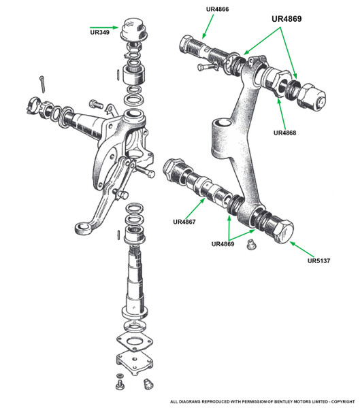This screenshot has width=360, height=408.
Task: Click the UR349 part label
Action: pos(100,33)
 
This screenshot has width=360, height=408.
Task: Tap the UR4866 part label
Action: pos(217,9)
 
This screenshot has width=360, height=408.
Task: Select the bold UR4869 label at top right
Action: pos(287,19)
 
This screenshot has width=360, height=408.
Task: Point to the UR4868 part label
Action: pos(284,133)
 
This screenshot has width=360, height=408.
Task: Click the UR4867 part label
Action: pos(184,222)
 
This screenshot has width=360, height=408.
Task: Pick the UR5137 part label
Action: pos(319,260)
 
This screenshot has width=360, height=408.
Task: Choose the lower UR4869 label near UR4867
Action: pos(223,244)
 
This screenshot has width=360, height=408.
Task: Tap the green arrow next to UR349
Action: pos(104,27)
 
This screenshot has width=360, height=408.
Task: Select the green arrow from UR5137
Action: pos(302,250)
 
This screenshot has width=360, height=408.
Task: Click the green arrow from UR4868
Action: pos(282,114)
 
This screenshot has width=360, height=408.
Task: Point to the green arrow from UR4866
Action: pos(208,27)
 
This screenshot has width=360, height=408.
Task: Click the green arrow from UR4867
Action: pos(195,209)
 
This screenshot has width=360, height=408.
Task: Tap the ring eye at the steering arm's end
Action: pos(84,228)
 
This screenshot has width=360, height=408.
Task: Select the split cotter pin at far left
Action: pos(43,84)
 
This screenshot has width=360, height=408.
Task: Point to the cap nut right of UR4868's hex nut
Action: pos(312,97)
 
